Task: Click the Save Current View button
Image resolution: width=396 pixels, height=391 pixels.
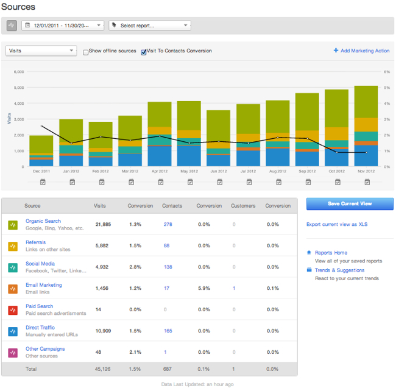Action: (350, 203)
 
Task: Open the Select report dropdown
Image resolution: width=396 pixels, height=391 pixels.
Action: (149, 25)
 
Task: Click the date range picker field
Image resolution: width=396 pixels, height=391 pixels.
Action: (63, 25)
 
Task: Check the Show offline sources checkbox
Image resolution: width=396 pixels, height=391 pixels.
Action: (86, 52)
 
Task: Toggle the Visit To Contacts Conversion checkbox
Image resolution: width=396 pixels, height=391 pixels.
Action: (144, 52)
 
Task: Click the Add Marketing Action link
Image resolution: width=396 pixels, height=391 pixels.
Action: (361, 51)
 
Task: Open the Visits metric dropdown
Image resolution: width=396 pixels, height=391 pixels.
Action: (41, 51)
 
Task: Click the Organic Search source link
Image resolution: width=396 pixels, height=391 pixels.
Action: (43, 221)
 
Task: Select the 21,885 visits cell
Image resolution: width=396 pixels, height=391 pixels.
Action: (102, 225)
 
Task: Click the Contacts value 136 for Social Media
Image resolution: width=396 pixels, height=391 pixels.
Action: (168, 267)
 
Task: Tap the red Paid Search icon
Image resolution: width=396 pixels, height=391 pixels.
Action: (13, 310)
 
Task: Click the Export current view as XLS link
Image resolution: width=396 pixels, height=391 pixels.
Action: (337, 225)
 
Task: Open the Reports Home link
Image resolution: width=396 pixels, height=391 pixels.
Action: (331, 253)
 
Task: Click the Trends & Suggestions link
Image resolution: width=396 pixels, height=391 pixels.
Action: (339, 270)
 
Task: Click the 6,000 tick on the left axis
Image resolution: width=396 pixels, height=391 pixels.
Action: (18, 72)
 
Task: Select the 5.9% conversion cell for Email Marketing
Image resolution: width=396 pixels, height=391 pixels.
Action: (204, 288)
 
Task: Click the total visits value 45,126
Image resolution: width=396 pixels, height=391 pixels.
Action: (102, 369)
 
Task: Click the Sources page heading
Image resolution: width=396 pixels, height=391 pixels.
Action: (18, 7)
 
